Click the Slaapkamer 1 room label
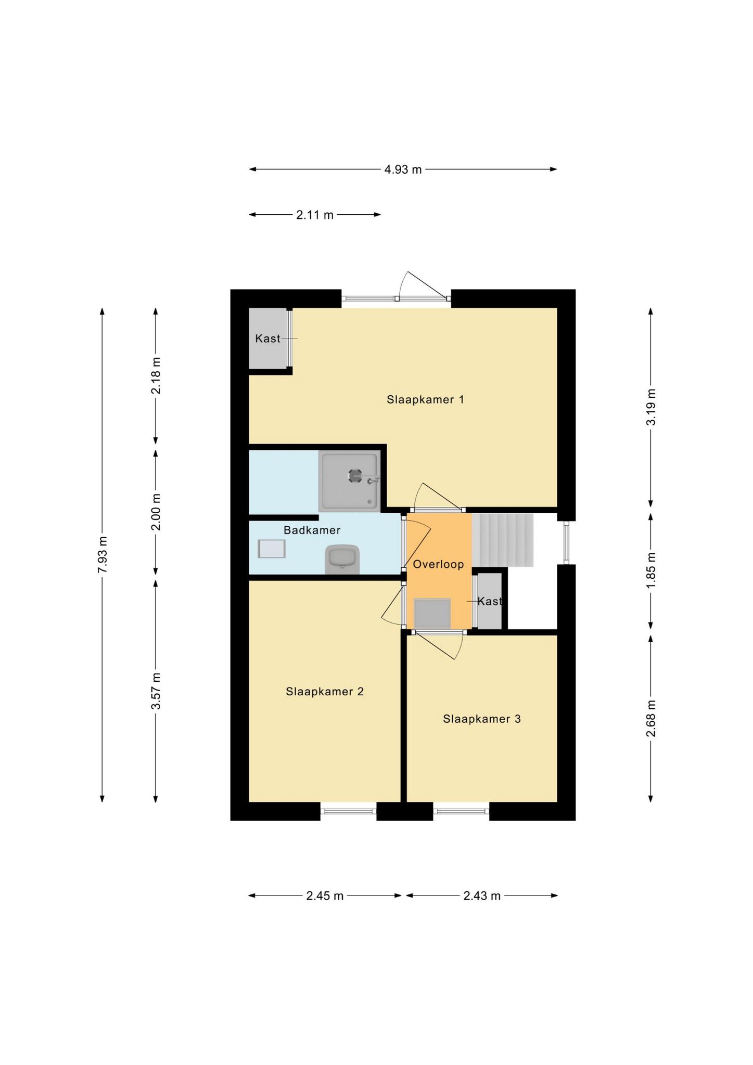(425, 399)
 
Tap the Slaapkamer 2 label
(325, 691)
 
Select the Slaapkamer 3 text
(482, 719)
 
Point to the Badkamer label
(312, 530)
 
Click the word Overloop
(438, 564)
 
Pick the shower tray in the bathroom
(350, 481)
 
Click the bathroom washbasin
(342, 560)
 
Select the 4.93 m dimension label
(403, 170)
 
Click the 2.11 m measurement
(315, 215)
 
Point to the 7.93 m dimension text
(102, 555)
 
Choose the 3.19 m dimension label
(650, 407)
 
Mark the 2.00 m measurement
(156, 511)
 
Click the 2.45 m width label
(325, 895)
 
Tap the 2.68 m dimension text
(650, 718)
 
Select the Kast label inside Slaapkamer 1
(267, 339)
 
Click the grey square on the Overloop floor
(432, 613)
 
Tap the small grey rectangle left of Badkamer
(272, 549)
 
